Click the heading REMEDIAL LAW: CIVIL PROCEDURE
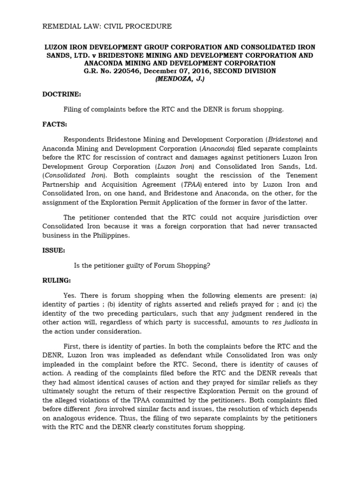[x=107, y=26]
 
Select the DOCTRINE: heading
[x=61, y=94]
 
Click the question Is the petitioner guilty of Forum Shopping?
[x=142, y=265]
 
